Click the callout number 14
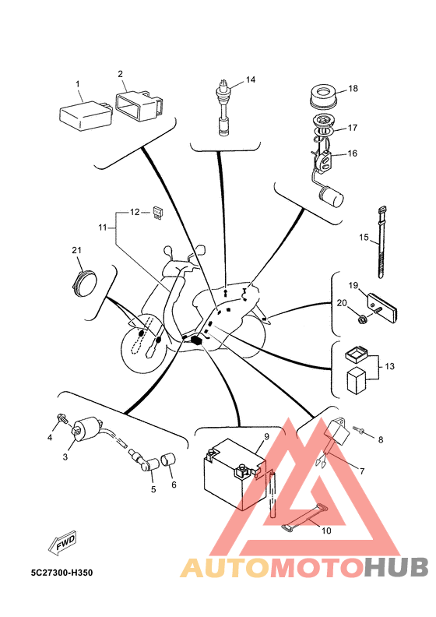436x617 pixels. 251,79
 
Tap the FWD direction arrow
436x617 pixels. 62,543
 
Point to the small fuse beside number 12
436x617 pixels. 157,213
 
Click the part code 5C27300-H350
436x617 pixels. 62,573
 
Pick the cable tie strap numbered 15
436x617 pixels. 381,242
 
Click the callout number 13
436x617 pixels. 389,366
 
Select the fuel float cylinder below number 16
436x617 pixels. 331,196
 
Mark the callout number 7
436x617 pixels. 362,471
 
